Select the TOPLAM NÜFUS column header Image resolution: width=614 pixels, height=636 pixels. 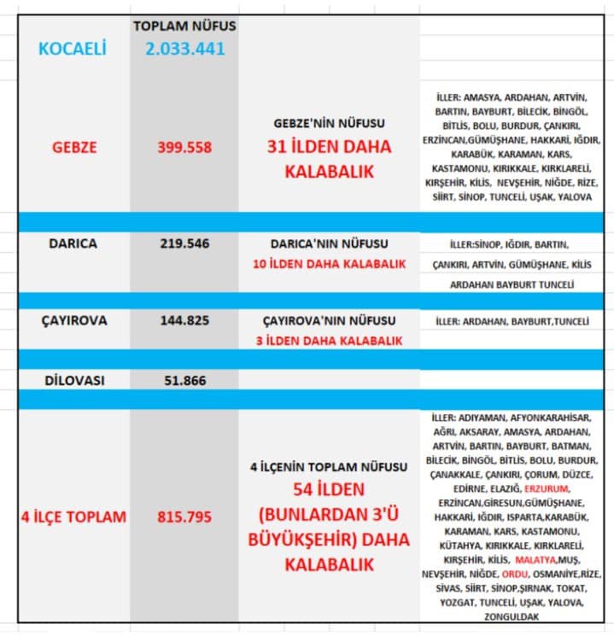[184, 26]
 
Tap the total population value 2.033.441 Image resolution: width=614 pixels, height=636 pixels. [184, 49]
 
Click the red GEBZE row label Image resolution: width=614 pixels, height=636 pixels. [73, 147]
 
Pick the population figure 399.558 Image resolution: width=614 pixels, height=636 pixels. [184, 147]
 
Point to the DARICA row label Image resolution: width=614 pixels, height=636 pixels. [73, 243]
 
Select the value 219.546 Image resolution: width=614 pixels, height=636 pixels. [184, 243]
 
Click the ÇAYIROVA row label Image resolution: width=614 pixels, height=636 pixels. [73, 321]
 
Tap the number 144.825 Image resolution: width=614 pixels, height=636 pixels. [184, 321]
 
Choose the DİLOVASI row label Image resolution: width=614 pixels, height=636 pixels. [73, 381]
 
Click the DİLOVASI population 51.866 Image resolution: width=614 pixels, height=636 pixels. [184, 381]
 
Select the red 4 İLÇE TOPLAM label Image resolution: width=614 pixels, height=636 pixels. [73, 516]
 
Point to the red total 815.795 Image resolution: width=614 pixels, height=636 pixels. [184, 516]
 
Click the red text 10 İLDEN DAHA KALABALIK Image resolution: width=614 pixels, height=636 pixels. [329, 264]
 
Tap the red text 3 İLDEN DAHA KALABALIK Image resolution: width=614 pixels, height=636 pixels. [329, 341]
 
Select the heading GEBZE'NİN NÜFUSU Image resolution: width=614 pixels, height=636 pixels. [329, 123]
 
